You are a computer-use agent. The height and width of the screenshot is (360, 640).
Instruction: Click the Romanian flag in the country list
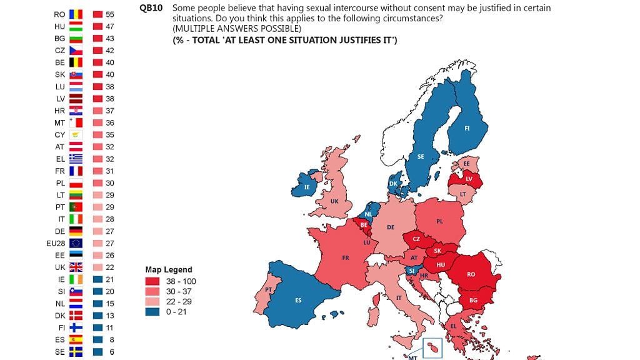pyautogui.click(x=76, y=14)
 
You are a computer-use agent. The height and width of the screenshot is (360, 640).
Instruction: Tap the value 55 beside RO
pyautogui.click(x=109, y=14)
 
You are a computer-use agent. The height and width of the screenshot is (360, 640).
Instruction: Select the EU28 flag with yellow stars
pyautogui.click(x=76, y=242)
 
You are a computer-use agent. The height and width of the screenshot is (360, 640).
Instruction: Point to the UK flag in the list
pyautogui.click(x=76, y=267)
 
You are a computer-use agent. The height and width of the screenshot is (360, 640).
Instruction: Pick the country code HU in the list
pyautogui.click(x=59, y=26)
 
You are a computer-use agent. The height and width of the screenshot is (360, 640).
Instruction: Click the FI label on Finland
pyautogui.click(x=467, y=129)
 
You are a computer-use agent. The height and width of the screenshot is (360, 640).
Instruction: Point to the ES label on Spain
pyautogui.click(x=299, y=301)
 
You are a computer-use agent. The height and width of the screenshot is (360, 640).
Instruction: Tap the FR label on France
pyautogui.click(x=345, y=257)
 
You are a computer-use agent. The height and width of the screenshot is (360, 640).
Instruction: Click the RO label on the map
pyautogui.click(x=471, y=274)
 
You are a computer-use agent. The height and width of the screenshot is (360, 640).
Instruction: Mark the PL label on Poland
pyautogui.click(x=439, y=221)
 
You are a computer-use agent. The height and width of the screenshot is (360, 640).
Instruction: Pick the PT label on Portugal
pyautogui.click(x=268, y=290)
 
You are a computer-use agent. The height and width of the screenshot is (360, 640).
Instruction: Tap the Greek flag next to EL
pyautogui.click(x=76, y=159)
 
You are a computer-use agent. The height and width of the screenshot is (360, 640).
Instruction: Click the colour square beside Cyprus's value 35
pyautogui.click(x=97, y=134)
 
